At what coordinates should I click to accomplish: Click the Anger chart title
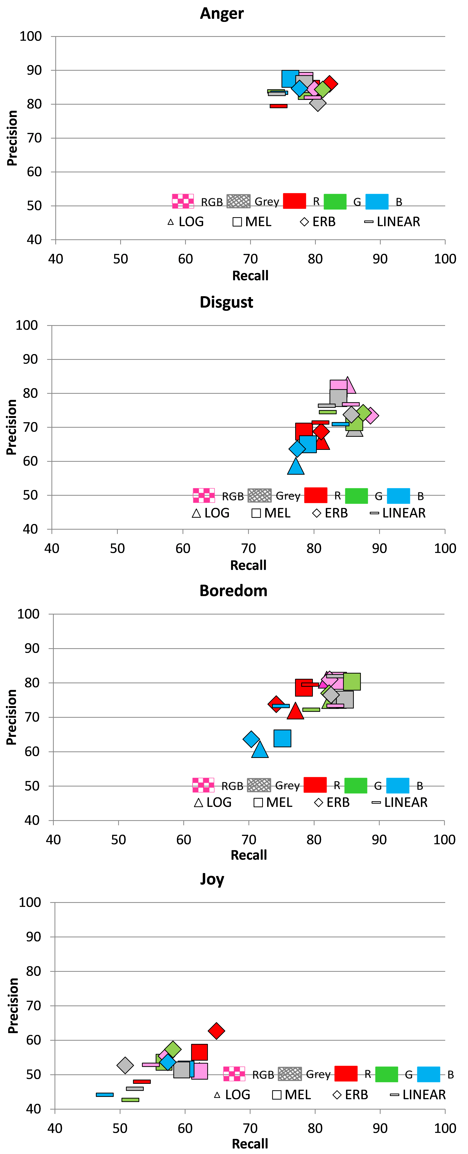click(222, 13)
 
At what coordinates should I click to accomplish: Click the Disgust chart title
click(226, 302)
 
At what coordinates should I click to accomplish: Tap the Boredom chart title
click(233, 591)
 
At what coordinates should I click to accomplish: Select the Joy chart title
click(212, 879)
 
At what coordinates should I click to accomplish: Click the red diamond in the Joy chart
click(216, 1030)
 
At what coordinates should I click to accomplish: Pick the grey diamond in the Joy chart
click(125, 1065)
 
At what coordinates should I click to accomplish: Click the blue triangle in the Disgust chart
click(296, 466)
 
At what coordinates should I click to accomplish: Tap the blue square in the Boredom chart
click(282, 738)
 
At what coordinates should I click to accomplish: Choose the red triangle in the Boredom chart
click(295, 711)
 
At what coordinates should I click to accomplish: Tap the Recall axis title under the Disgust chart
click(248, 565)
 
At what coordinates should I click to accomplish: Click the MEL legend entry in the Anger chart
click(252, 222)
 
